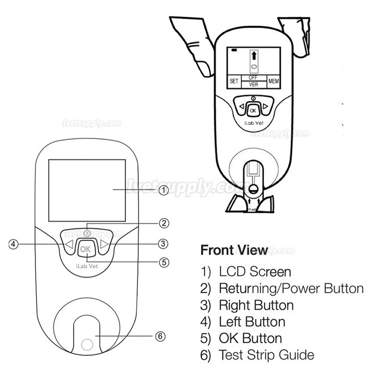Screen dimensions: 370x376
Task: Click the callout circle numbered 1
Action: pyautogui.click(x=164, y=191)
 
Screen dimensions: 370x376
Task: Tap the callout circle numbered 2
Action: pyautogui.click(x=164, y=223)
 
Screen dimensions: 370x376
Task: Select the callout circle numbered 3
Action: pyautogui.click(x=164, y=243)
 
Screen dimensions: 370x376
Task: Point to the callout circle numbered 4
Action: pyautogui.click(x=14, y=244)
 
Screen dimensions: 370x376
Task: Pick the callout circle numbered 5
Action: pyautogui.click(x=164, y=262)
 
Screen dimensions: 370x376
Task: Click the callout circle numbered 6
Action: pyautogui.click(x=161, y=336)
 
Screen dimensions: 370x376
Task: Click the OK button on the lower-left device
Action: pyautogui.click(x=86, y=249)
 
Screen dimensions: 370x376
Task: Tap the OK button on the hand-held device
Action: pyautogui.click(x=253, y=111)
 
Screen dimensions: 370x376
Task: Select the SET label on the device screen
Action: pyautogui.click(x=234, y=82)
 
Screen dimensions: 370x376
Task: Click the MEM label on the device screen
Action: pyautogui.click(x=274, y=82)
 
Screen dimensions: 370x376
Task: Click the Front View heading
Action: pyautogui.click(x=234, y=250)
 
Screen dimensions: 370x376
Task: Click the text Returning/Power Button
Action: pyautogui.click(x=291, y=288)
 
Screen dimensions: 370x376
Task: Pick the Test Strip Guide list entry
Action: pyautogui.click(x=266, y=355)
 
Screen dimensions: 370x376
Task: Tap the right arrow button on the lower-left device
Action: pyautogui.click(x=105, y=244)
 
